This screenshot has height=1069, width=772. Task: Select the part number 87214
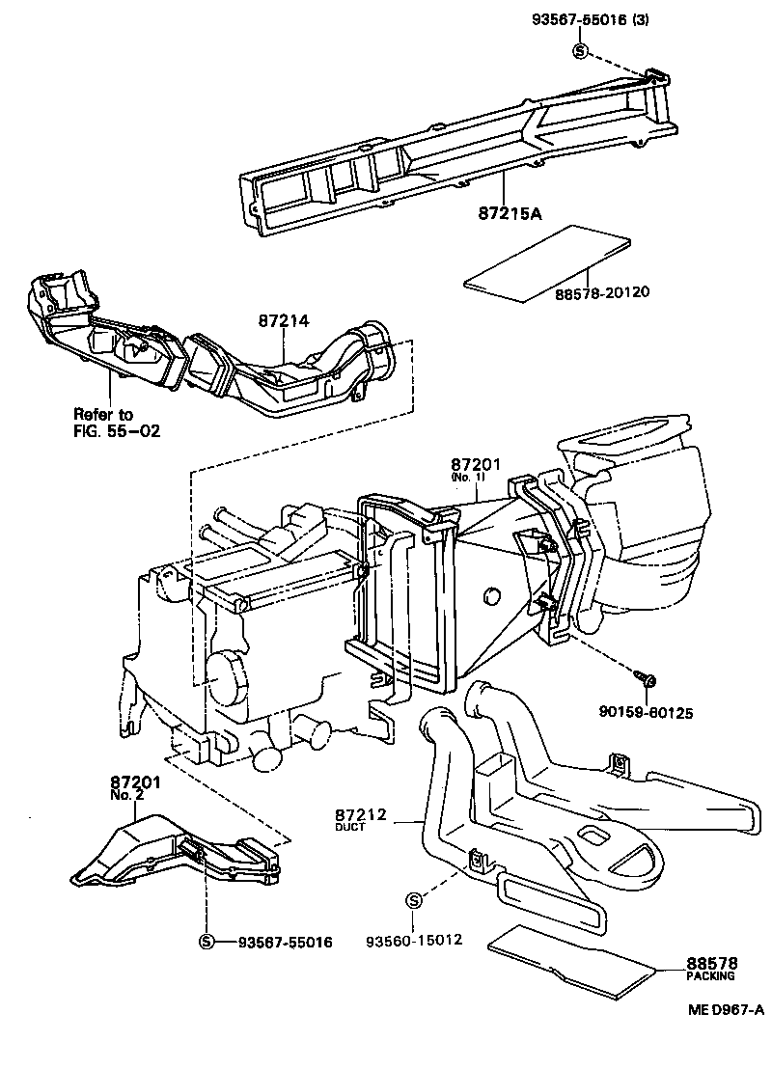(x=283, y=321)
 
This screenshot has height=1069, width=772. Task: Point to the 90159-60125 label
(x=649, y=713)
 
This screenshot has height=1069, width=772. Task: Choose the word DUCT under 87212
(x=350, y=828)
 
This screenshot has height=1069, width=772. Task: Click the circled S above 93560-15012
(x=414, y=900)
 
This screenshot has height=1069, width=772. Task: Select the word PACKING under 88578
(x=710, y=975)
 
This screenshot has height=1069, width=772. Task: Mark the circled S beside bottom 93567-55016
(x=206, y=942)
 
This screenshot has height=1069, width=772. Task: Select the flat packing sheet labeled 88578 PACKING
(x=573, y=963)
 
